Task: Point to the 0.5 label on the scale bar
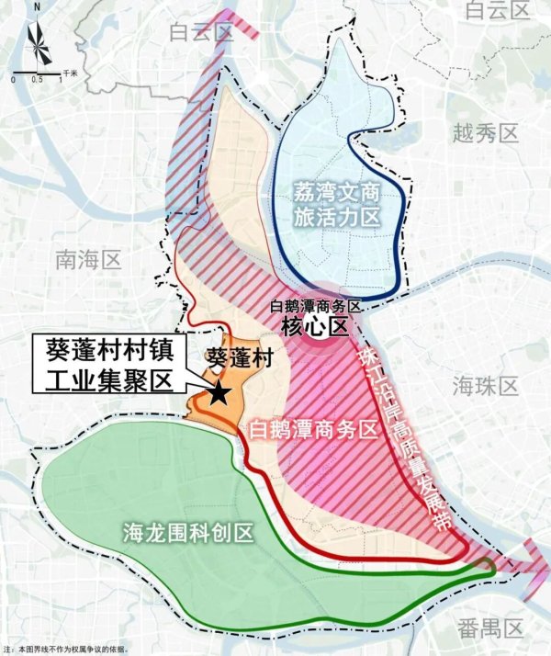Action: coord(37,80)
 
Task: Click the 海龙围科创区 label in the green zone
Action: coord(188,533)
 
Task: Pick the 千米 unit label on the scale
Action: coord(71,71)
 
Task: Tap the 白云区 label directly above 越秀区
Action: coord(499,11)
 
